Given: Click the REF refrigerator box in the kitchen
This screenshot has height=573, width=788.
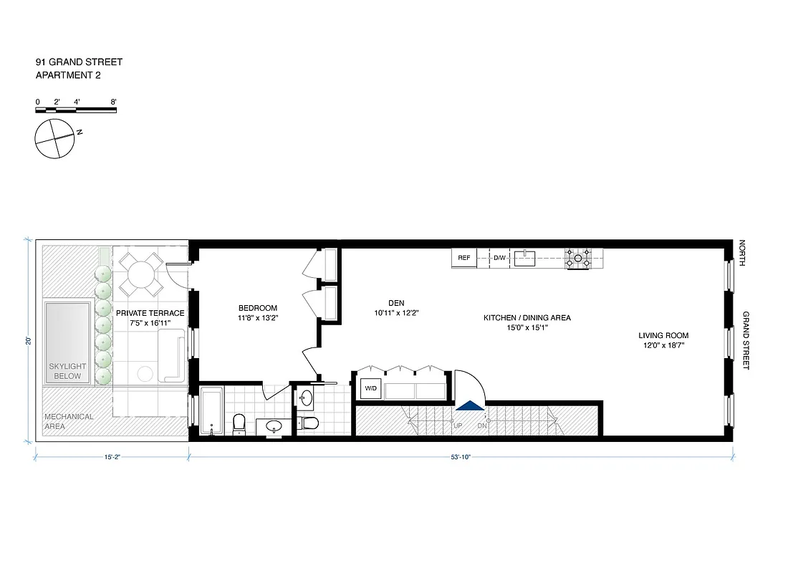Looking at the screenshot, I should (x=463, y=258).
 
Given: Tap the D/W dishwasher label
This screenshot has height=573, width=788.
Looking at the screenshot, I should (x=499, y=258).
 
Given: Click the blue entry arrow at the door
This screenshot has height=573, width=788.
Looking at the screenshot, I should (x=470, y=405).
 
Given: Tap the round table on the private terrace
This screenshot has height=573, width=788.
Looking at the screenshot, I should (x=140, y=274).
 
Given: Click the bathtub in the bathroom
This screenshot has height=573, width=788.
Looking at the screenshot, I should (x=211, y=411).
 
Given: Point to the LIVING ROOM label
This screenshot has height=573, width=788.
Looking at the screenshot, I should (x=663, y=335).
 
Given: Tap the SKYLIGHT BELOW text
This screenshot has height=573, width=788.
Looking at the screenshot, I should (x=65, y=371).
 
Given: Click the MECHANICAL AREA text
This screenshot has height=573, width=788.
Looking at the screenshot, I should (x=69, y=421).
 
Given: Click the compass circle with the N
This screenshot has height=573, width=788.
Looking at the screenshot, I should (x=54, y=138).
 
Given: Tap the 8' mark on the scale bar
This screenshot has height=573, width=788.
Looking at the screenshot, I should (x=113, y=102).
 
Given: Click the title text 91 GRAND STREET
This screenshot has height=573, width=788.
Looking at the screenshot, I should (x=79, y=62).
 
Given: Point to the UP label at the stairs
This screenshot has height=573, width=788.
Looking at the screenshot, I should (x=456, y=425).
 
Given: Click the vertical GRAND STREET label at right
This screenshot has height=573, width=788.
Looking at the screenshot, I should (x=746, y=340).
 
